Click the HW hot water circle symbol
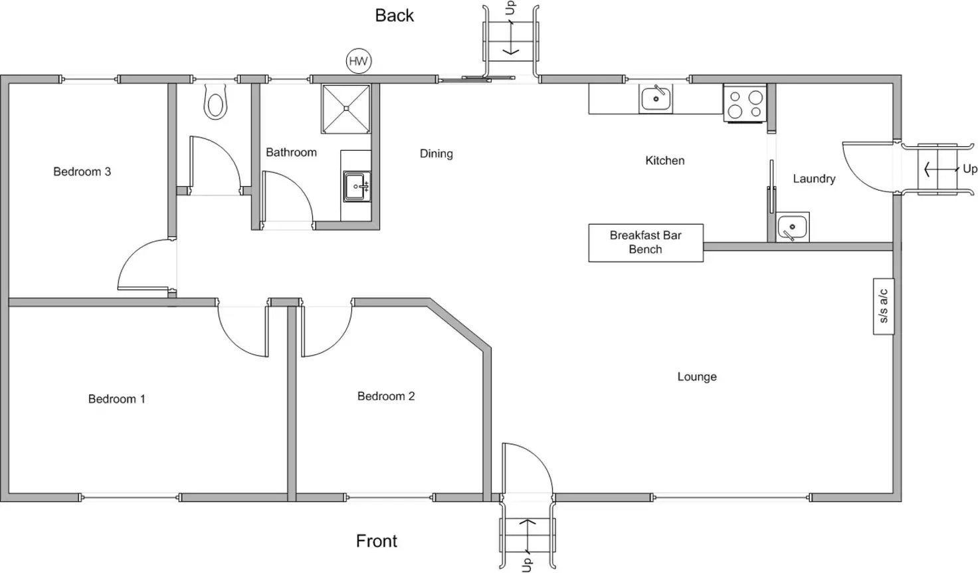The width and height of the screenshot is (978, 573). pos(359,62)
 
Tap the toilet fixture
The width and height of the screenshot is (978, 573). pos(215,102)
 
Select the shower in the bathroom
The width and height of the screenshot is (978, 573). pos(345,108)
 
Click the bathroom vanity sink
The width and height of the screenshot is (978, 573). pos(357,187)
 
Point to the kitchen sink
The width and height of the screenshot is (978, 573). pos(655,98)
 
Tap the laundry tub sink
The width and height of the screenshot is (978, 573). pos(792,227)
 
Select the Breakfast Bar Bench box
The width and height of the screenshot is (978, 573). pos(646,243)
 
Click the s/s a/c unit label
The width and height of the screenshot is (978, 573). pos(884,306)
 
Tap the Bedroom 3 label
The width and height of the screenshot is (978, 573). pos(82,172)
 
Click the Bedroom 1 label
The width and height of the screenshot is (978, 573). pos(116,399)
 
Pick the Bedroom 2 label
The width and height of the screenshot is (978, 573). pos(386,396)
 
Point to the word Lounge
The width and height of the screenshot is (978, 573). pos(697,377)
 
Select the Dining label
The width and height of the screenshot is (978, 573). pos(437,154)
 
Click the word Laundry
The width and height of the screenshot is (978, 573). pos(814,179)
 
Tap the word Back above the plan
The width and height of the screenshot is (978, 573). pos(394,15)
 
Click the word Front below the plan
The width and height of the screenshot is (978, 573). pos(377,541)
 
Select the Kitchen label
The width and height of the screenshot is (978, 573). pos(664,160)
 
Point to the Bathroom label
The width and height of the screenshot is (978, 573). pos(291,152)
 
